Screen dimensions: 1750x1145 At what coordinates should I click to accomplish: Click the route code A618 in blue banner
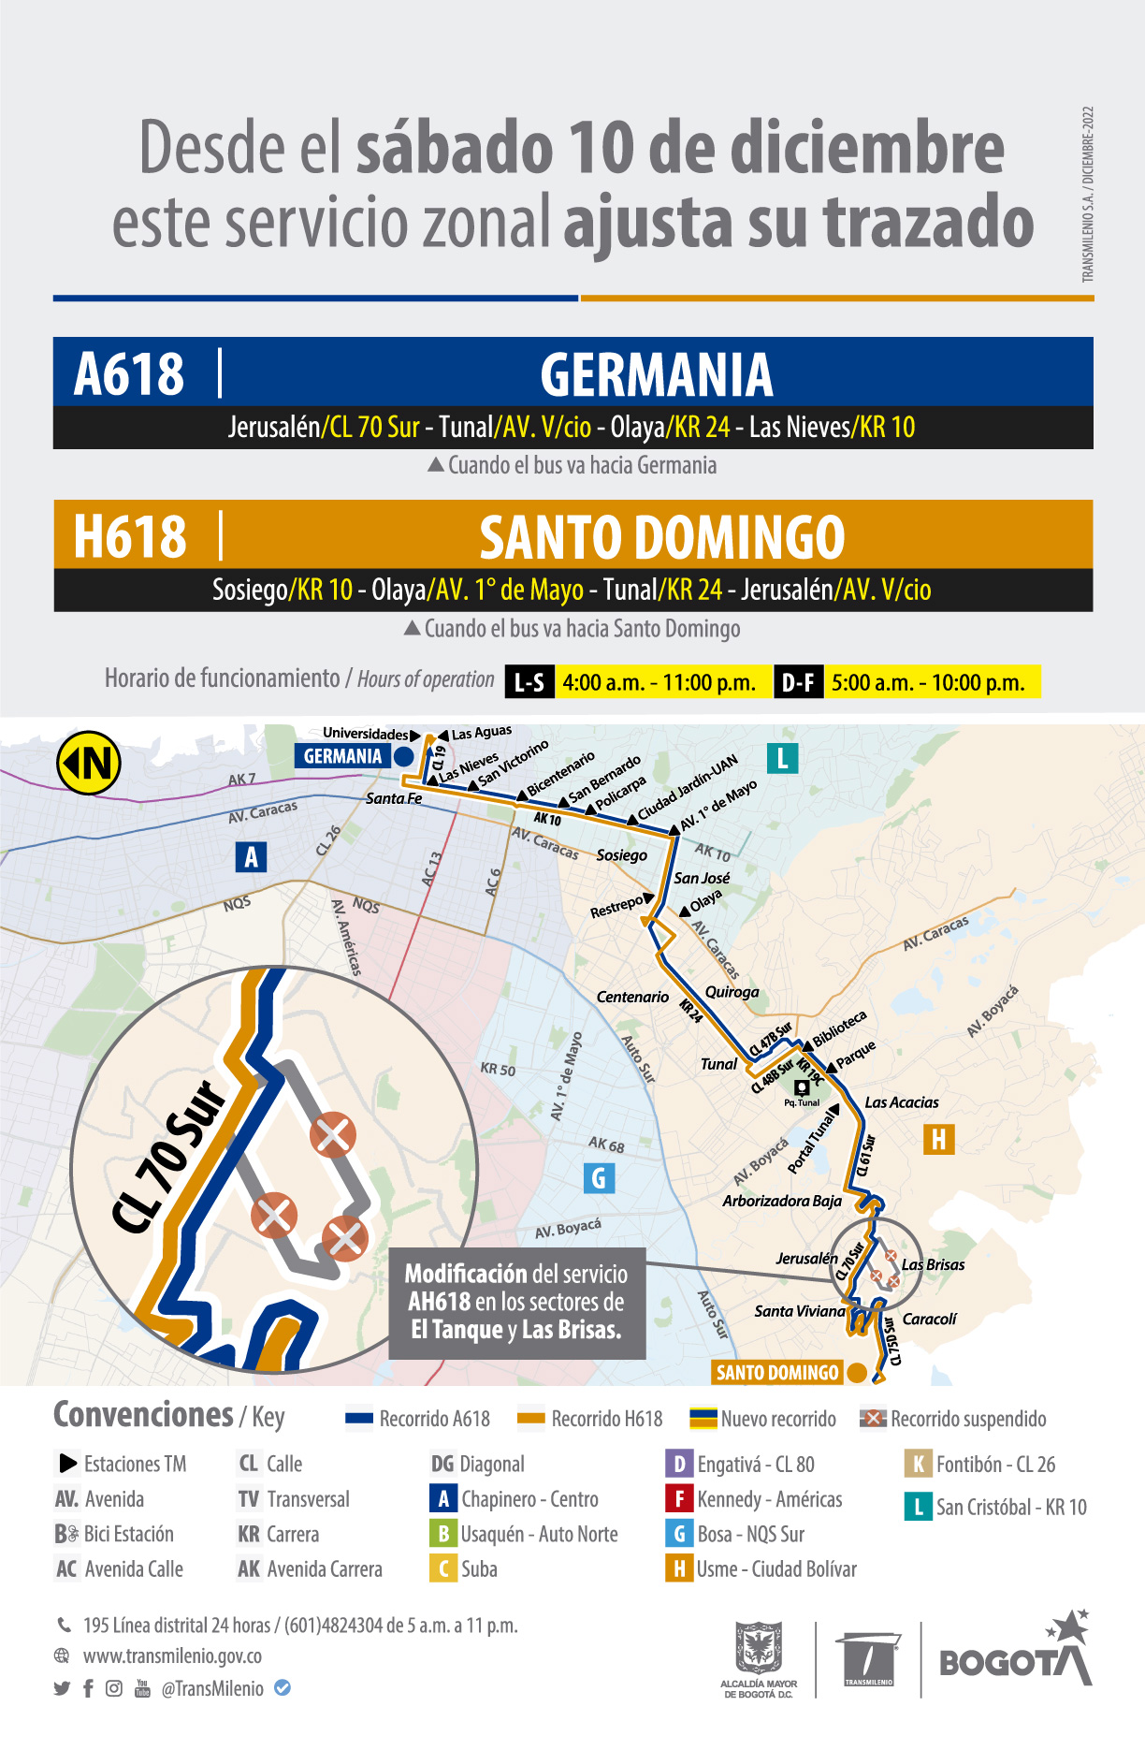click(x=129, y=373)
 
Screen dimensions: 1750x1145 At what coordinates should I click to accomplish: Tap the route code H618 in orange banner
click(x=130, y=536)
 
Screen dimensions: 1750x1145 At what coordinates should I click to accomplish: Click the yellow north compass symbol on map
click(x=89, y=763)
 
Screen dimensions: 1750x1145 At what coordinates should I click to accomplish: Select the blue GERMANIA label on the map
click(x=342, y=756)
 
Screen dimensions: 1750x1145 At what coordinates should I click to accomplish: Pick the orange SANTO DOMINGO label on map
click(x=777, y=1373)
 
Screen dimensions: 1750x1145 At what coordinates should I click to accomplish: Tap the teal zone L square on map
click(x=782, y=757)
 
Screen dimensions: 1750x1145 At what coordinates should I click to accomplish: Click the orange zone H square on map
click(x=938, y=1139)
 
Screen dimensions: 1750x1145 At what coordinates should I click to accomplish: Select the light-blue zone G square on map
click(x=599, y=1177)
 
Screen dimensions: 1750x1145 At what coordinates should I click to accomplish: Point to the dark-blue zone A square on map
click(x=251, y=856)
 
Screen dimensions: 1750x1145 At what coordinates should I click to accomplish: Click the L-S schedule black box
click(x=529, y=682)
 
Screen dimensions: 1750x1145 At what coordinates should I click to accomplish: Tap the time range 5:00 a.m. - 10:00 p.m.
click(x=928, y=682)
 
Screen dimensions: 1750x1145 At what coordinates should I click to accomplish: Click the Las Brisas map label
click(x=933, y=1264)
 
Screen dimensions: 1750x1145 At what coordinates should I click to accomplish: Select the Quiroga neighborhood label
click(x=732, y=992)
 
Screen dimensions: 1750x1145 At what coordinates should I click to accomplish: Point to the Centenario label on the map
click(x=632, y=997)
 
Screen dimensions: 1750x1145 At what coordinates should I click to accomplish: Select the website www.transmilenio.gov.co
click(x=172, y=1655)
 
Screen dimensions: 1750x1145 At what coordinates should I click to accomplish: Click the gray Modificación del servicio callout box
click(x=516, y=1303)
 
